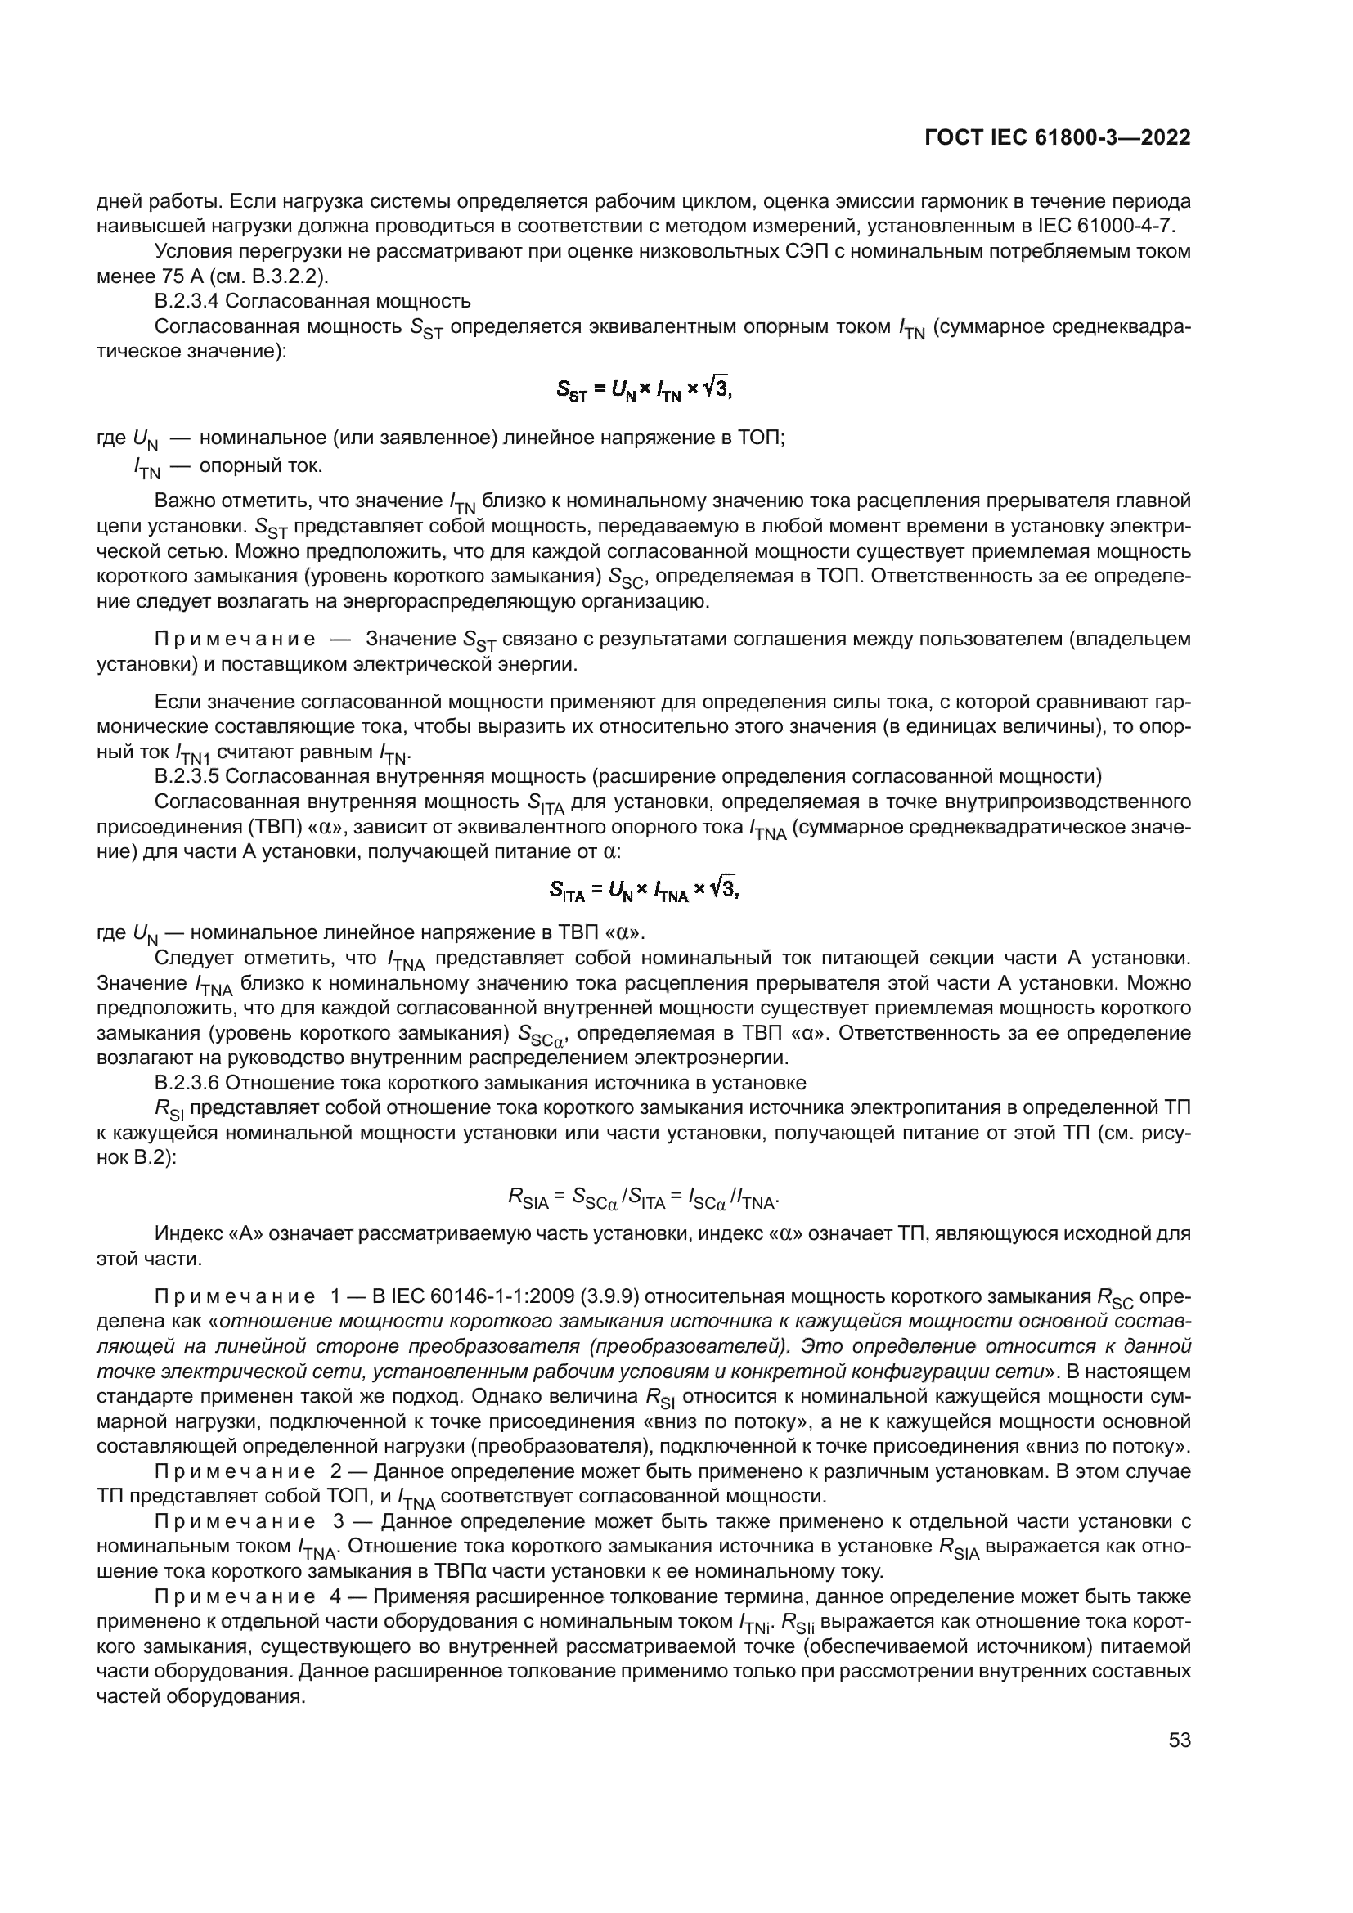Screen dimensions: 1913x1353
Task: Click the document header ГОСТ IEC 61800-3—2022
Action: click(1056, 138)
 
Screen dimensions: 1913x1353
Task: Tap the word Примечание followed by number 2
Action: click(236, 1471)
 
